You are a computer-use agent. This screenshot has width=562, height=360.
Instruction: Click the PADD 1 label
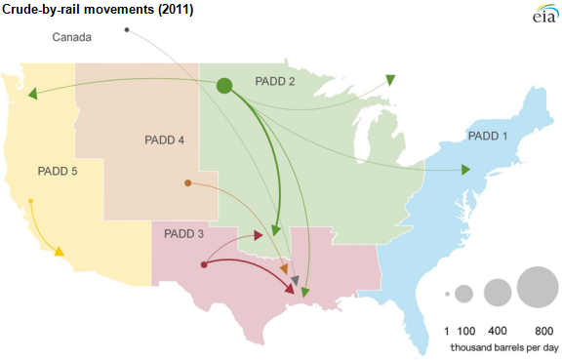pyautogui.click(x=489, y=135)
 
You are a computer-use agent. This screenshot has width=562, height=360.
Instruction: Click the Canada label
pyautogui.click(x=71, y=38)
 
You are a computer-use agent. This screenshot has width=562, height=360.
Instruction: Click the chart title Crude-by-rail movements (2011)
pyautogui.click(x=98, y=11)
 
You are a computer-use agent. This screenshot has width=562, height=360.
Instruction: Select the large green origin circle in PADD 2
pyautogui.click(x=223, y=86)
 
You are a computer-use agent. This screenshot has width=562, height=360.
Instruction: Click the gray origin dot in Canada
pyautogui.click(x=128, y=30)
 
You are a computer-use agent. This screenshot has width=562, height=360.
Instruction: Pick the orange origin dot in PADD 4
pyautogui.click(x=187, y=182)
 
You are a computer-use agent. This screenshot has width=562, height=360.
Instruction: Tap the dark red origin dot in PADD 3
pyautogui.click(x=203, y=264)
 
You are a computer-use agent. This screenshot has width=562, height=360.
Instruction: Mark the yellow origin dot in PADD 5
pyautogui.click(x=31, y=202)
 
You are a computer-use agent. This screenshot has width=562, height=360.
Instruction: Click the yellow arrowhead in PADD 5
pyautogui.click(x=60, y=252)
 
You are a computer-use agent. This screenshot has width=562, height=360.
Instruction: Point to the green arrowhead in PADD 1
pyautogui.click(x=464, y=171)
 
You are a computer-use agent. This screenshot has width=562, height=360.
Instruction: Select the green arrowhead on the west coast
pyautogui.click(x=32, y=95)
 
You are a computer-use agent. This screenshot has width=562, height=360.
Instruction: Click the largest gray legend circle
pyautogui.click(x=538, y=287)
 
